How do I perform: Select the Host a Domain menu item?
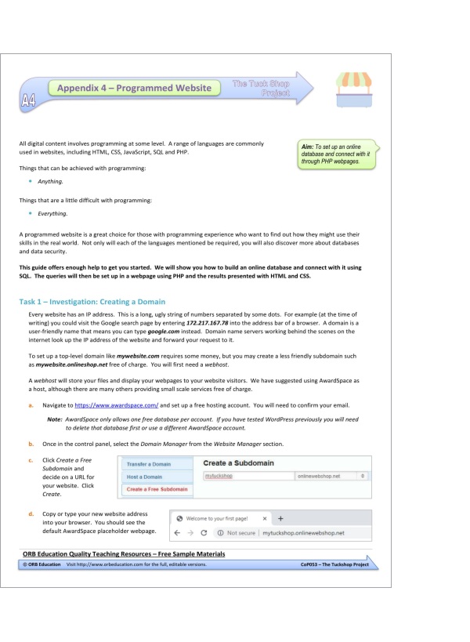[145, 477]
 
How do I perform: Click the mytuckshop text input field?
[247, 476]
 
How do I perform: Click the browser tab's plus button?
[281, 518]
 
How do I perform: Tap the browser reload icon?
[204, 533]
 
